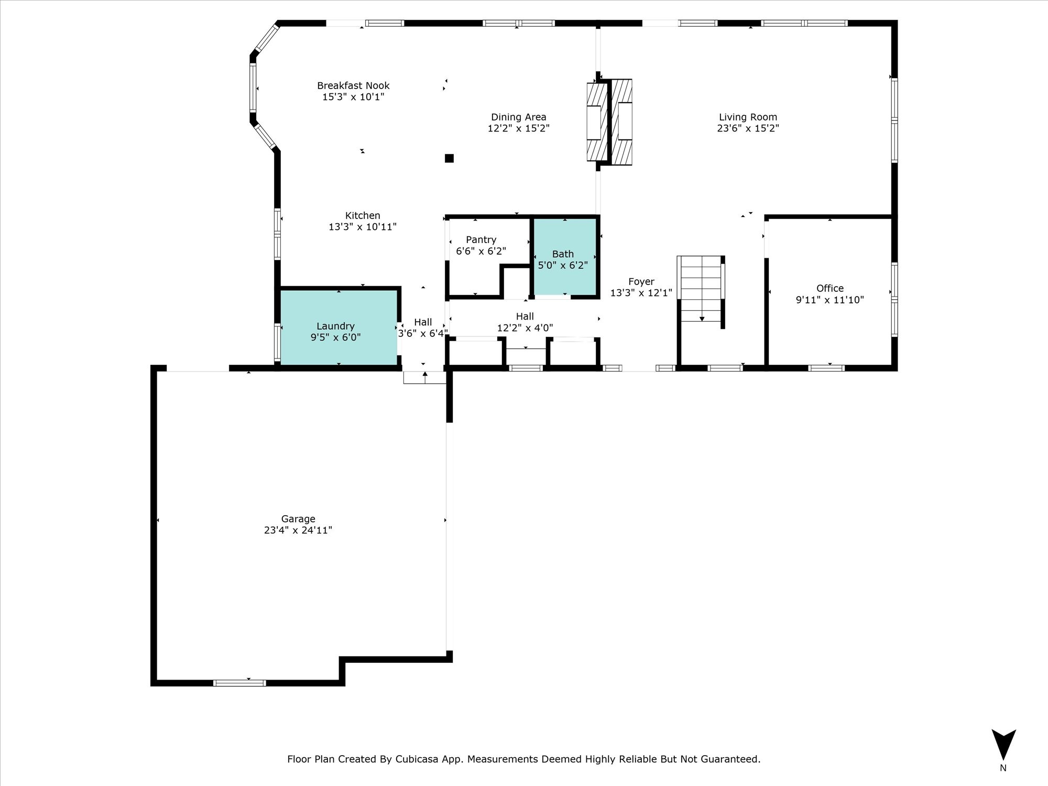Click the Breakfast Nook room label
353,85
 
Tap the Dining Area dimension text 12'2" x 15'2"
518,128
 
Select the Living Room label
748,117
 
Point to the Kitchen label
363,215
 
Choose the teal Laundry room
339,327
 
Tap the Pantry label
481,240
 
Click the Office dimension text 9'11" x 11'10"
829,300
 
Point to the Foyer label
641,281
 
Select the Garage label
298,519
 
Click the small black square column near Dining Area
449,158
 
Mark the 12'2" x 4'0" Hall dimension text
525,329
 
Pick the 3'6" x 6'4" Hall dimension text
423,333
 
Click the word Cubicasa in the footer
421,759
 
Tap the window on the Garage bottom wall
239,683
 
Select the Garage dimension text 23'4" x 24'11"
298,530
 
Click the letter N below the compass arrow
1003,768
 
